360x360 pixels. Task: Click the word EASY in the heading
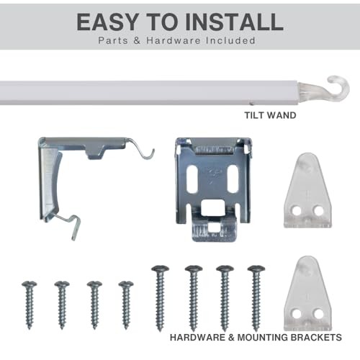coord(108,22)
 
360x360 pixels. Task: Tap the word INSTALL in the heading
coord(235,22)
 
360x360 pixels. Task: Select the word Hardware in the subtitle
coord(174,40)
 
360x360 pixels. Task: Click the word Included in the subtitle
coord(230,40)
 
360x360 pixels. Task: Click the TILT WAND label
coord(270,115)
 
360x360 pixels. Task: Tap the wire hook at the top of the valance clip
coord(142,150)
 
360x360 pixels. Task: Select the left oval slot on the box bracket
coord(192,179)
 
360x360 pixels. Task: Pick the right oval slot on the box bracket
coord(233,179)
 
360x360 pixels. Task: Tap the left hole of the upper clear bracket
coord(297,211)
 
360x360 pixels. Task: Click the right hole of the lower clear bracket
coord(318,314)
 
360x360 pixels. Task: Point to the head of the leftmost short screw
coord(30,284)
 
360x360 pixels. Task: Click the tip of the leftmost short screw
coord(30,328)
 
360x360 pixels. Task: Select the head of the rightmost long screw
coord(256,269)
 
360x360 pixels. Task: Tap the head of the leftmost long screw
coord(160,269)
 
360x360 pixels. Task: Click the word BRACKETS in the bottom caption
coord(316,338)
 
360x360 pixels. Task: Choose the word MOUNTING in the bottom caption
coord(262,338)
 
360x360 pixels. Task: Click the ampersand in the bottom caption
coord(231,338)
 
